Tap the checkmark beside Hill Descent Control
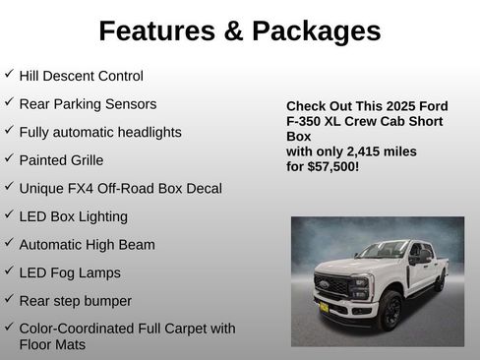(x=9, y=74)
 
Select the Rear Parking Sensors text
(x=88, y=103)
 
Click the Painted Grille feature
(x=61, y=159)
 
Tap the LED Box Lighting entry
(x=73, y=216)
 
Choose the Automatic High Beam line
(x=87, y=244)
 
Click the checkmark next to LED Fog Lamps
(x=9, y=271)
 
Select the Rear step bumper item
(x=75, y=300)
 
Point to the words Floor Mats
(x=52, y=344)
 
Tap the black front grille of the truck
(x=331, y=285)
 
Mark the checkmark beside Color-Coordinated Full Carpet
(x=9, y=328)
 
